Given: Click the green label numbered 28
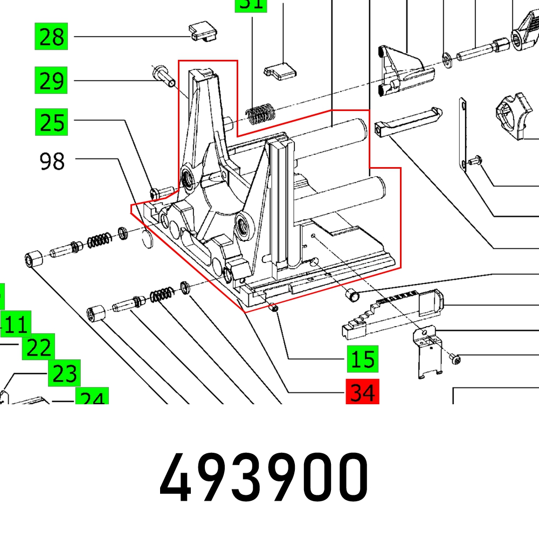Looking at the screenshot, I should pos(52,37).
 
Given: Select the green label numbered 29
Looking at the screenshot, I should pos(52,81).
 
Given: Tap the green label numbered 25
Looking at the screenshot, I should pos(52,122).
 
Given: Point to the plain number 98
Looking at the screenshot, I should pos(52,161).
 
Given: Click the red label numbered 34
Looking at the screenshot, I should pos(362,392).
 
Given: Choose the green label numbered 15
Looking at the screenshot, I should pos(362,359).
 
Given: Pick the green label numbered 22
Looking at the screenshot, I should pos(38,348).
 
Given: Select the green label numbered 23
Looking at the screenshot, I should pos(64,374).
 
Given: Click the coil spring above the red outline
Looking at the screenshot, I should pos(260,113).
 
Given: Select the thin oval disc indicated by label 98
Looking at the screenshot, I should pos(147,238).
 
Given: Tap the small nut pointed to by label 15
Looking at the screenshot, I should pos(273,308).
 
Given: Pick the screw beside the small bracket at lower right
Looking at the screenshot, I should pos(455,357).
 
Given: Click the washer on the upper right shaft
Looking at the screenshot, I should pos(447,57).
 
